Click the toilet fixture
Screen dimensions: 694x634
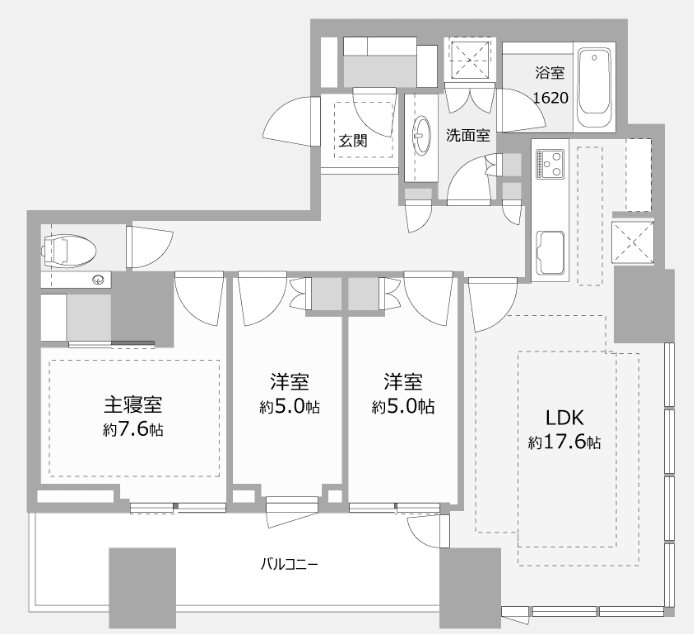(69, 251)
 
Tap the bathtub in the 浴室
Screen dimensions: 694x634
(595, 89)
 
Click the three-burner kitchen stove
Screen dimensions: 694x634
(551, 163)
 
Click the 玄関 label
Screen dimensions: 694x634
(353, 141)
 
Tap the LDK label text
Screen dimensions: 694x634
(564, 418)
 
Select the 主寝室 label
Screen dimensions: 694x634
(133, 404)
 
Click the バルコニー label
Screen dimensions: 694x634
(289, 564)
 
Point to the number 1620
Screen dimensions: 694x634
(551, 98)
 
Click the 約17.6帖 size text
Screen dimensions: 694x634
(564, 442)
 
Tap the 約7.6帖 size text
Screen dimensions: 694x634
(133, 429)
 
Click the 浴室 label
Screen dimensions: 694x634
(550, 73)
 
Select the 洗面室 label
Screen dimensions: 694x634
(468, 135)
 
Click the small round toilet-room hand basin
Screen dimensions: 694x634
(99, 280)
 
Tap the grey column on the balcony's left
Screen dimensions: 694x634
(143, 588)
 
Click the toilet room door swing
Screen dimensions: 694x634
(149, 247)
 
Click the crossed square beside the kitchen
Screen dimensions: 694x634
(633, 242)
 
